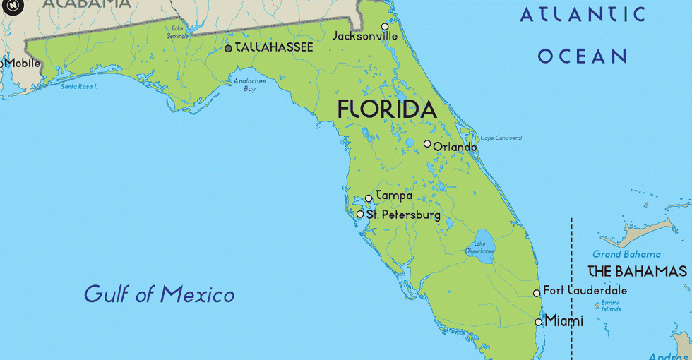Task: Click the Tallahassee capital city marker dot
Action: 228,48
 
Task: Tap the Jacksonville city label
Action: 365,36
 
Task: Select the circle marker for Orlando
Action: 427,143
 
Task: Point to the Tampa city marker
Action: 369,198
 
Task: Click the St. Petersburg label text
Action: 403,215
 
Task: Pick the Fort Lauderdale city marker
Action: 537,293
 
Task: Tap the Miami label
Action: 564,321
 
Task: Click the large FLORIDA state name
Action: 387,109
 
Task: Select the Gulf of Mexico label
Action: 159,294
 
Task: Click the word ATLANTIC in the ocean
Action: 583,14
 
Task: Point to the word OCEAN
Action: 583,56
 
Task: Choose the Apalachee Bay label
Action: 250,85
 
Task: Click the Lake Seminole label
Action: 177,32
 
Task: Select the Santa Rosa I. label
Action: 78,87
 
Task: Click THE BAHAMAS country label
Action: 637,272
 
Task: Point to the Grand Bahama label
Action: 626,254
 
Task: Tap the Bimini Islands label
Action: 611,306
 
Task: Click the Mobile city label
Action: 23,64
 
